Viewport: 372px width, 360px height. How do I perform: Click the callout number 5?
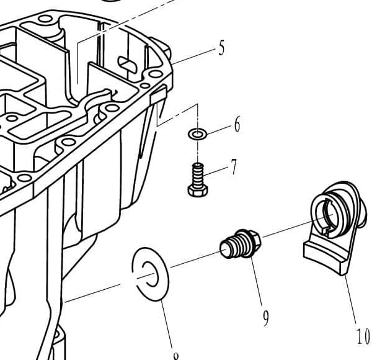click(x=221, y=48)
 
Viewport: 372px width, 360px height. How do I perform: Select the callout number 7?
click(x=233, y=167)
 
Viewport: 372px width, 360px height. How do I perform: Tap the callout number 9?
click(x=265, y=318)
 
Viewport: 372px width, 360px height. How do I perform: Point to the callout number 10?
click(x=363, y=336)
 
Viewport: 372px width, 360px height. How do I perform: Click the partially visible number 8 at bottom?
click(x=176, y=356)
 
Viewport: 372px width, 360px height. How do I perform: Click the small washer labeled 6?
click(x=197, y=133)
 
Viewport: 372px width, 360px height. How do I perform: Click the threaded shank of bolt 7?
click(x=198, y=171)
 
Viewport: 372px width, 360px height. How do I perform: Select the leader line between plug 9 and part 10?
click(x=288, y=228)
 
